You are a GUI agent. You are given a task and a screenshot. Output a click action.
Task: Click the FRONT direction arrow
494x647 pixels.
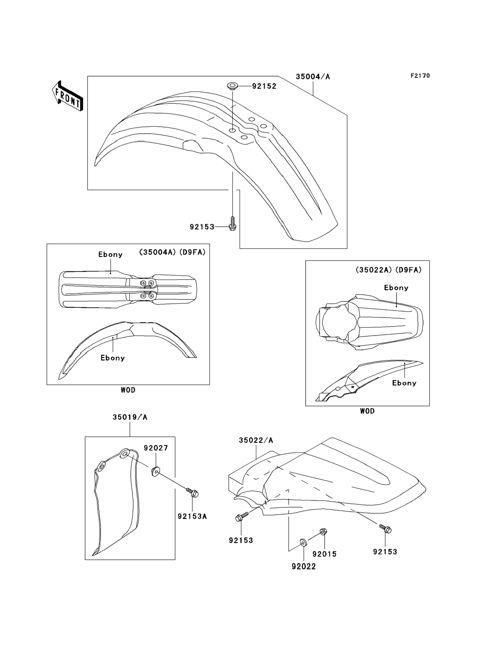(67, 96)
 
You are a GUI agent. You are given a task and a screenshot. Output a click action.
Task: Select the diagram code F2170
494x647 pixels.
(420, 76)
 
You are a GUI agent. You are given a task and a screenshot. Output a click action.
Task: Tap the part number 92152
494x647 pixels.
(264, 86)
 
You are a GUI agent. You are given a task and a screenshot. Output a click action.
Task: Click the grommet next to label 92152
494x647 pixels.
(232, 87)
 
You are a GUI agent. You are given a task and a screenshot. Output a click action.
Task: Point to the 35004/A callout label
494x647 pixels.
(313, 77)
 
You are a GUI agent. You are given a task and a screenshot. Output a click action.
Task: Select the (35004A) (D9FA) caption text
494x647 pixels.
(172, 252)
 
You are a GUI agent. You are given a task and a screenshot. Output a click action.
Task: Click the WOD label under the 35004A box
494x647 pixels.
(128, 390)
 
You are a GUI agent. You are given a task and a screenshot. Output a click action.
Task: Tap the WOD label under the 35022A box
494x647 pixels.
(367, 411)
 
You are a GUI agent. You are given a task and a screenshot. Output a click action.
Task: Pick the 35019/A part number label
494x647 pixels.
(130, 417)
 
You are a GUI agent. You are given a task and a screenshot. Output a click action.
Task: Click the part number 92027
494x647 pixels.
(156, 448)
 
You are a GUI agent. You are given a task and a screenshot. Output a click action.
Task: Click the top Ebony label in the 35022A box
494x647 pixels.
(396, 288)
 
